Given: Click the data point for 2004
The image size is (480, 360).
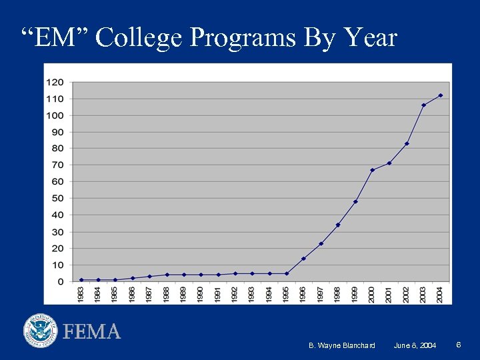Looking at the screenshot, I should click(441, 95).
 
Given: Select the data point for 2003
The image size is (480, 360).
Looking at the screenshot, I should click(423, 105).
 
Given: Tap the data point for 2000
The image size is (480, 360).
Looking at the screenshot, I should click(372, 170).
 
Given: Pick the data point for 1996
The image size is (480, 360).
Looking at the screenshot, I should click(303, 259).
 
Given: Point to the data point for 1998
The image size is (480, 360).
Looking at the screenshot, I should click(338, 225).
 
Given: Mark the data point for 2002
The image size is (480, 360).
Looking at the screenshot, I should click(407, 143).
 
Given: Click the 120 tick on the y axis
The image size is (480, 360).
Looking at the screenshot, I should click(55, 82).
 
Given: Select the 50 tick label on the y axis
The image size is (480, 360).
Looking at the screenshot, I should click(58, 198).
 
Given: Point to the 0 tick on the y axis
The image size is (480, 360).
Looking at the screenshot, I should click(61, 281).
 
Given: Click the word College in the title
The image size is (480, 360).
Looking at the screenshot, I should click(139, 38).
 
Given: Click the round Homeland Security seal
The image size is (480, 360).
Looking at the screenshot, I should click(41, 331).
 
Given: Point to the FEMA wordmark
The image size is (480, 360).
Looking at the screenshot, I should click(91, 331).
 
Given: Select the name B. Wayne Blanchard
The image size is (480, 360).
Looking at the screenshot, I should click(342, 345).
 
